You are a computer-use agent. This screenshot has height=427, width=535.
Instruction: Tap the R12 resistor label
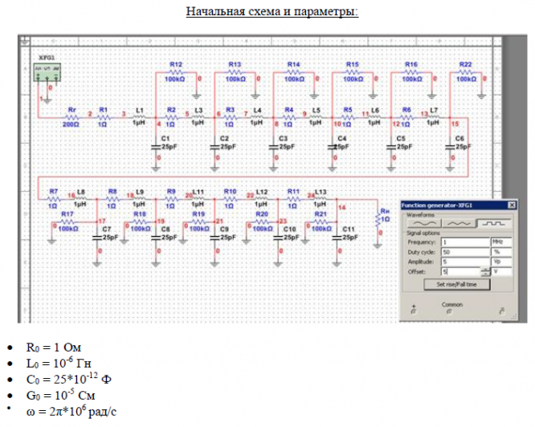(x=177, y=63)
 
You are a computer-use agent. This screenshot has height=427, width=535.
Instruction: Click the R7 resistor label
(x=54, y=192)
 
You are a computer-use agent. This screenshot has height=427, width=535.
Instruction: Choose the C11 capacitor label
(x=349, y=229)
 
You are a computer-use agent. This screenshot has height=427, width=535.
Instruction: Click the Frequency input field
(x=464, y=241)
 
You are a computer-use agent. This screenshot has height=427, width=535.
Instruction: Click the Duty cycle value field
(x=464, y=251)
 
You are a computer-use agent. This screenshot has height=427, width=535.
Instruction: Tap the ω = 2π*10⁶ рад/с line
(x=72, y=411)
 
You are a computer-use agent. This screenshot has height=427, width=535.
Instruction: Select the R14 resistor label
(x=294, y=63)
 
